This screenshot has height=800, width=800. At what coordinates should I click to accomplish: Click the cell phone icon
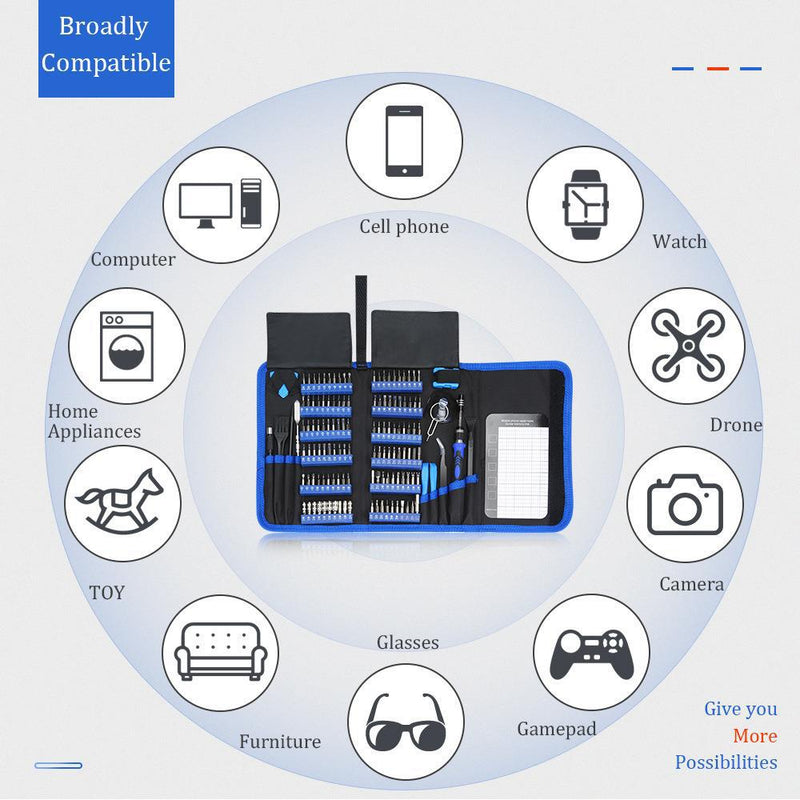(404, 141)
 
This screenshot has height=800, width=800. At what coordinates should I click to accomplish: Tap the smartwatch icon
(585, 204)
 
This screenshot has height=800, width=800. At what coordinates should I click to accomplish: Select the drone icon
(686, 345)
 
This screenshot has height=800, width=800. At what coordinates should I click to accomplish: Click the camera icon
(685, 504)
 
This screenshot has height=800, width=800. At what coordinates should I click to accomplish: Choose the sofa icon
(220, 653)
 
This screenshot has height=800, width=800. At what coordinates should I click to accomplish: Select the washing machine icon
(127, 346)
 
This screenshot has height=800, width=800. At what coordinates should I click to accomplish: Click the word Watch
(680, 242)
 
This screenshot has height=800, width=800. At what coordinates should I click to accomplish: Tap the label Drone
(736, 425)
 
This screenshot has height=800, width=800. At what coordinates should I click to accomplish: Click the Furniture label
(280, 742)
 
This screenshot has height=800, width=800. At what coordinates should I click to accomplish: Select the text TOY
(107, 593)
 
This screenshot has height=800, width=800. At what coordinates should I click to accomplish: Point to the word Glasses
(408, 642)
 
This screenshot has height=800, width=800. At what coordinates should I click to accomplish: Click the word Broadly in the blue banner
(104, 27)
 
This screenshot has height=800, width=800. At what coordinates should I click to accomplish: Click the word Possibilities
(726, 762)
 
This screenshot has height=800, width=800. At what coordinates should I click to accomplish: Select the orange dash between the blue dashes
(717, 69)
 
